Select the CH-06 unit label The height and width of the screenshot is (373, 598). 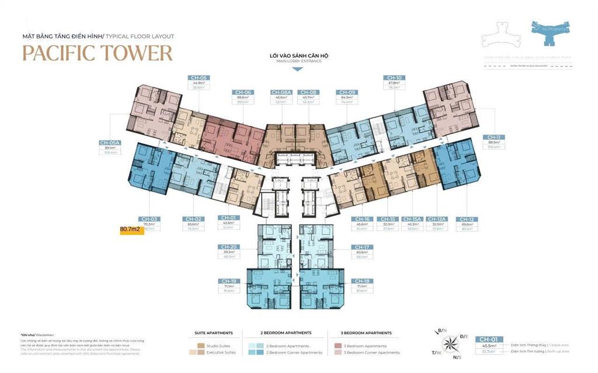(243, 92)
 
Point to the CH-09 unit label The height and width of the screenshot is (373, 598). (346, 92)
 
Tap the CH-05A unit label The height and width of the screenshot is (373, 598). (109, 142)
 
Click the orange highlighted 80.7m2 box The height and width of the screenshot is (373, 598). (130, 229)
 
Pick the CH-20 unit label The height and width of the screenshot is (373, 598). (228, 247)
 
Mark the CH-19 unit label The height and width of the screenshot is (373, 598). (228, 281)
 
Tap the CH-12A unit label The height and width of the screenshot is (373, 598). (437, 219)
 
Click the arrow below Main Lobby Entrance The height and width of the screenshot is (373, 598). (297, 69)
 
